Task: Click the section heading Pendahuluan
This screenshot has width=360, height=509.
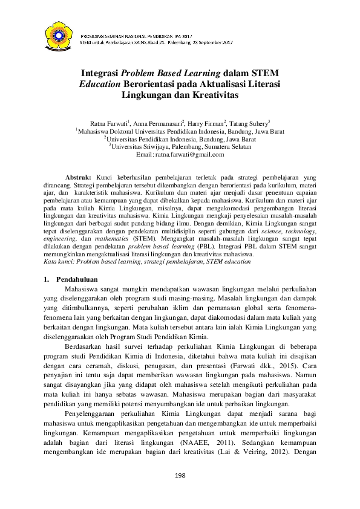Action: click(77, 279)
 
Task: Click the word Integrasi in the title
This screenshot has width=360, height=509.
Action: click(100, 74)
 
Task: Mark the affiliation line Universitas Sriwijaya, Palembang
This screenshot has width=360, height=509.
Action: click(180, 147)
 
